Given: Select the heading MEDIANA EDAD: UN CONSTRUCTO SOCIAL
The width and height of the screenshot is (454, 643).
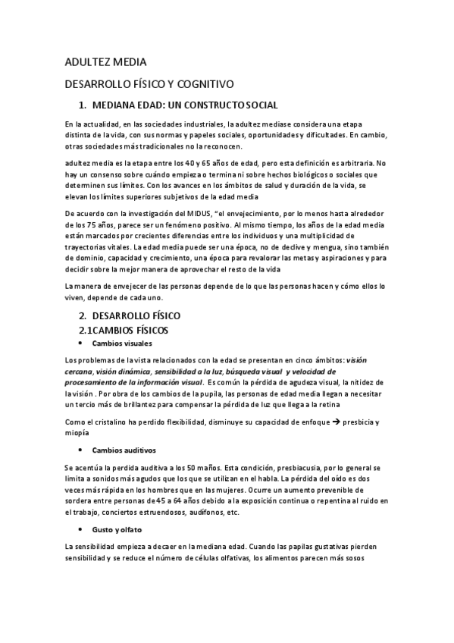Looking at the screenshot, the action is pos(185,105).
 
